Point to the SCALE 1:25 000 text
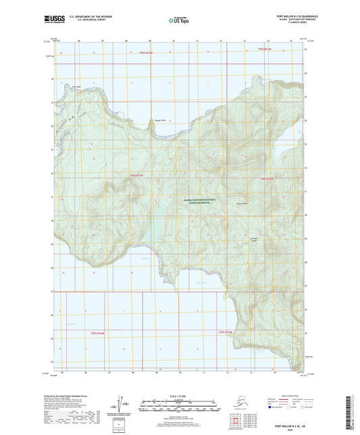pos(180,395)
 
